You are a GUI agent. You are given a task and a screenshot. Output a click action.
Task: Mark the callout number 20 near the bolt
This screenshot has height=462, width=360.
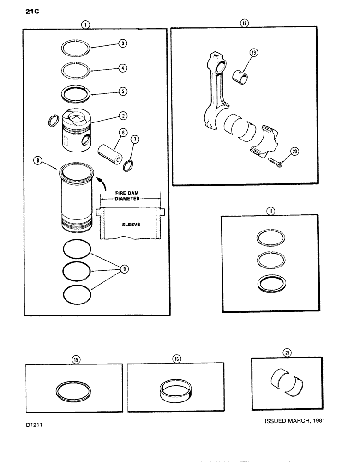[294, 150]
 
